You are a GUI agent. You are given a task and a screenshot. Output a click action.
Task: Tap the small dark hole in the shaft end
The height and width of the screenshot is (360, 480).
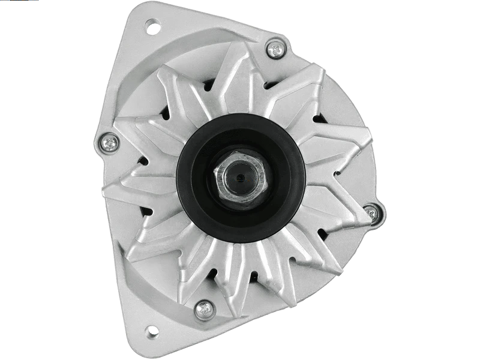pos(241,177)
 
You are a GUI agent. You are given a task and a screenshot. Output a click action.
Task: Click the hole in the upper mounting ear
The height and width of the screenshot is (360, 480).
pos(151,26)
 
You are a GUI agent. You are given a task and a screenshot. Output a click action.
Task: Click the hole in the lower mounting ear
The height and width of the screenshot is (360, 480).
pos(151,331)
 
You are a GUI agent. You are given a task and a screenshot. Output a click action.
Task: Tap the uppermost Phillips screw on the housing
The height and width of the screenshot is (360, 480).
pos(275,49)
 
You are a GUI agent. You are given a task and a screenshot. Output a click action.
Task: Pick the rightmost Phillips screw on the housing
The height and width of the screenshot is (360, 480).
pos(371,212)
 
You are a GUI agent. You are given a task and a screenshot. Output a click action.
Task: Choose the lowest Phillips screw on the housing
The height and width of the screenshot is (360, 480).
pos(205,309)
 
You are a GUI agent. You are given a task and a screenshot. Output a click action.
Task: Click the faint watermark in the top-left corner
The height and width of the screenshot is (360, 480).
pos(18,3)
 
